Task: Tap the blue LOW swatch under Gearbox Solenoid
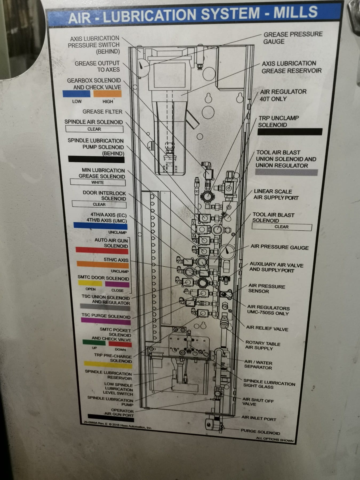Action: (x=77, y=94)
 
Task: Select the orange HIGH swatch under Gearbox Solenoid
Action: (x=107, y=94)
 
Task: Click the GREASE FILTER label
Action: (x=102, y=111)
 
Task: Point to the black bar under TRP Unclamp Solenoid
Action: (x=290, y=132)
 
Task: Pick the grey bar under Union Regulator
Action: (x=286, y=172)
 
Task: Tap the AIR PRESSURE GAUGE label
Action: (x=279, y=247)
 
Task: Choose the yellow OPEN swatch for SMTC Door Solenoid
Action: (x=90, y=283)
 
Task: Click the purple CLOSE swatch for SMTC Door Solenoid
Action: (x=117, y=284)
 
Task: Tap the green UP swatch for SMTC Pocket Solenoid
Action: (x=94, y=342)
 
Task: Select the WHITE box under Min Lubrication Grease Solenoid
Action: (x=98, y=182)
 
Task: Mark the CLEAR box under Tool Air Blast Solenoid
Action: (x=282, y=227)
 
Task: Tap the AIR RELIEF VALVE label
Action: (x=267, y=329)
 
